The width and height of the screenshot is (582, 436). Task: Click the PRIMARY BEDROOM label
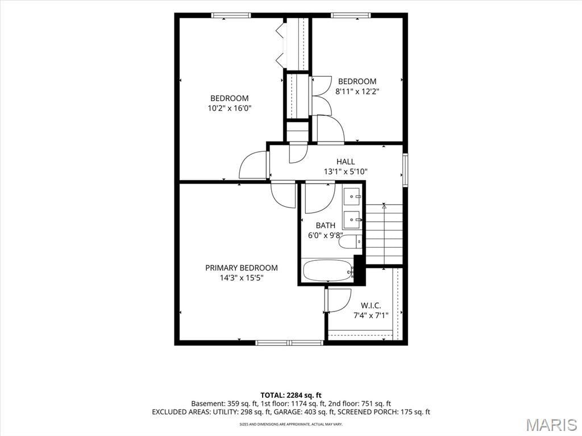click(241, 268)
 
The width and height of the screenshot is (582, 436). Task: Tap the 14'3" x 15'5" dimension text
click(241, 278)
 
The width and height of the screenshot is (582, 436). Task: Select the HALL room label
click(346, 161)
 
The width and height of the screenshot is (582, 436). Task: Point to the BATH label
click(326, 226)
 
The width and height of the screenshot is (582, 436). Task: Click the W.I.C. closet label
click(371, 306)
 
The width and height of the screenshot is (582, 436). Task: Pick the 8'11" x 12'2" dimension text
click(357, 92)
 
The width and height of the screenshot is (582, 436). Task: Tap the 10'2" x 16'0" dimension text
click(230, 109)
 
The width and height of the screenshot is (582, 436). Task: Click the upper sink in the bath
click(352, 197)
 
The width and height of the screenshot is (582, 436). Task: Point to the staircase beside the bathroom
click(384, 234)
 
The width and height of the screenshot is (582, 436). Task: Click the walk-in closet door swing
click(338, 301)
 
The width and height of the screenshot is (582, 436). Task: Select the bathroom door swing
click(321, 197)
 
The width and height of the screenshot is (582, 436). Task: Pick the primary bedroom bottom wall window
click(290, 343)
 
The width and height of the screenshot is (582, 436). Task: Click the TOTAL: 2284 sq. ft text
click(291, 395)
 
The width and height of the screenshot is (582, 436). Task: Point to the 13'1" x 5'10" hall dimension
click(346, 172)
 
